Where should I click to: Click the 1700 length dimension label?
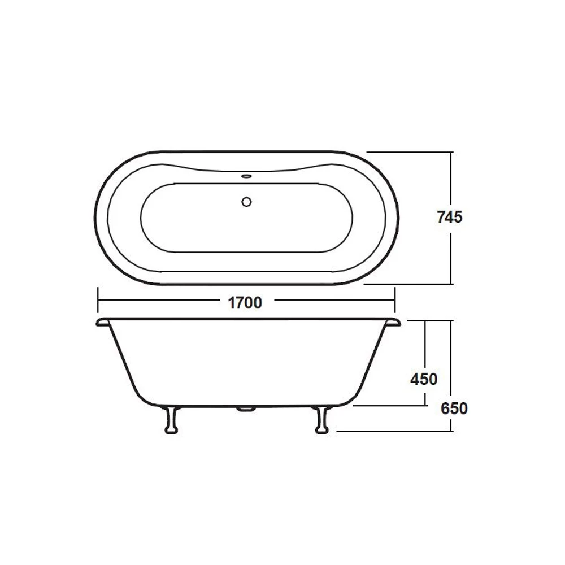coord(245,303)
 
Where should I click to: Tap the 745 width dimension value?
coord(450,217)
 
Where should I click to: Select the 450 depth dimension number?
coord(424,379)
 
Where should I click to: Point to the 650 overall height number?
coord(455,408)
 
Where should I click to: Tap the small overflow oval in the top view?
coord(246,176)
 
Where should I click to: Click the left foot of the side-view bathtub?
coord(171,420)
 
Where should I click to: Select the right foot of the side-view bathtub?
coord(321,420)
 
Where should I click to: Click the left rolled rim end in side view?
coord(102,321)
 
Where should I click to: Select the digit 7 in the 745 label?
coord(441,217)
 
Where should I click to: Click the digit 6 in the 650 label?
coord(446,408)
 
